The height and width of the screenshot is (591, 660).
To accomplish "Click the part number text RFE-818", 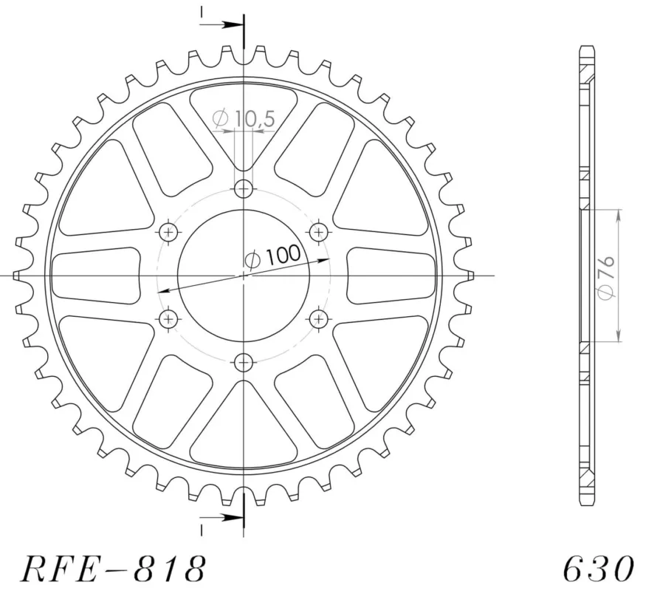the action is pos(114,568).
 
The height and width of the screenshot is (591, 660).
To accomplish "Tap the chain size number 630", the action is pos(599,568).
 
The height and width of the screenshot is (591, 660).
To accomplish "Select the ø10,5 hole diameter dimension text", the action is pos(244,118).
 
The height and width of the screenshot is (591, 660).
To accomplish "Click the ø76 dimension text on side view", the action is pos(606,278).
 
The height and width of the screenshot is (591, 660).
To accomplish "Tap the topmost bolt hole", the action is pos(244,188).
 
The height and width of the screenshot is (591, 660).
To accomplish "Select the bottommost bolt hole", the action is pos(244,362).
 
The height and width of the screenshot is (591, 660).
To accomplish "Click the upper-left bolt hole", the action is pos(169,232).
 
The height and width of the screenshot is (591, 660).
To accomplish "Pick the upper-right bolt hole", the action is pos(319,232).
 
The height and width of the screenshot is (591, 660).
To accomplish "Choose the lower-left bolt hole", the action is pos(169,319).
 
